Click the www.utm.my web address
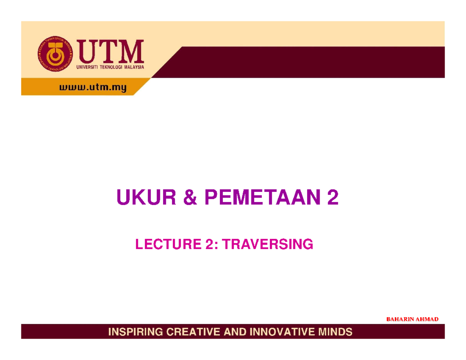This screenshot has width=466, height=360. click(93, 89)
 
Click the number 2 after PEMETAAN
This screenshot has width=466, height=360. click(333, 200)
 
